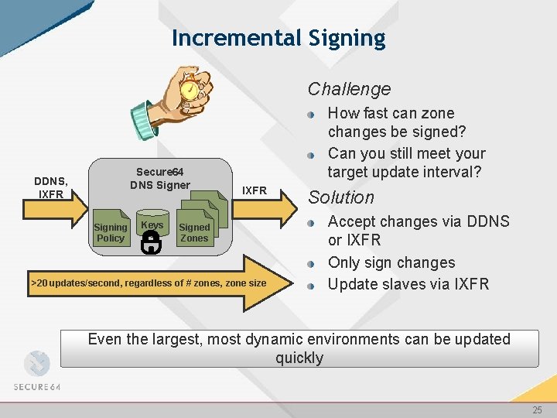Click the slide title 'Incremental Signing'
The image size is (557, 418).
coord(278,38)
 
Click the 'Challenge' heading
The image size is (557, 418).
coord(349,89)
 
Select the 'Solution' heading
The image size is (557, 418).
coord(341,197)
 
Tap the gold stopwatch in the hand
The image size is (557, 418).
coord(188,90)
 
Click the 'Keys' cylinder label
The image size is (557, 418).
coord(152,225)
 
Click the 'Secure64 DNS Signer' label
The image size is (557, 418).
coord(159,178)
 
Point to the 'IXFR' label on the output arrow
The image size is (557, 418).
coord(254,190)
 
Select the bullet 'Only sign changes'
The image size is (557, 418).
coord(391,262)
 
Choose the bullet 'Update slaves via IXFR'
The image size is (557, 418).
coord(408,284)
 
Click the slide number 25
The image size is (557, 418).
coord(537,410)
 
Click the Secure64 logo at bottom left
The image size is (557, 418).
coord(36,372)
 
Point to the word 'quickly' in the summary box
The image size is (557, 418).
coord(299,358)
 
